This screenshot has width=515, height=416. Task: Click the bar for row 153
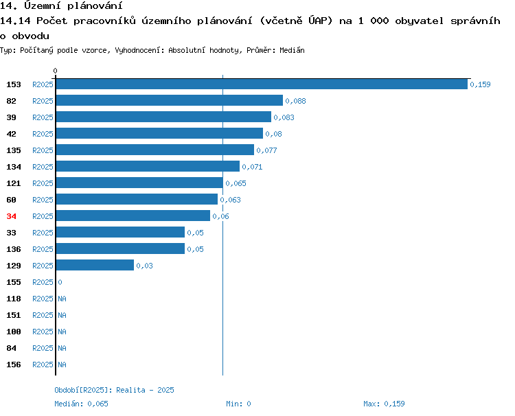(x=262, y=84)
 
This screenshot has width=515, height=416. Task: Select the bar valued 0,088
(x=170, y=100)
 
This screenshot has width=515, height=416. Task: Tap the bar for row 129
(x=95, y=265)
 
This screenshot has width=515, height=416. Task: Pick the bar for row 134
(x=148, y=166)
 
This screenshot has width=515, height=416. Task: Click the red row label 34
(x=11, y=216)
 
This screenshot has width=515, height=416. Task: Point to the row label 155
(x=14, y=282)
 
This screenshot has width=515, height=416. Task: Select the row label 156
(x=14, y=365)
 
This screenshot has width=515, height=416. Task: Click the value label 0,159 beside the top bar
(x=480, y=84)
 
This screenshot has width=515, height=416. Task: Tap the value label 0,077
(x=266, y=151)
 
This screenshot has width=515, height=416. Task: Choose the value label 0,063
(x=230, y=200)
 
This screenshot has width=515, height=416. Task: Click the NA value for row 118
(x=62, y=299)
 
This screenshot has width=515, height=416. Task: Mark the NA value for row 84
(x=62, y=348)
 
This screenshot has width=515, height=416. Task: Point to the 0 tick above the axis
(x=55, y=71)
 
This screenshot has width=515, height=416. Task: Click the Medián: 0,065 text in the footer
(x=82, y=404)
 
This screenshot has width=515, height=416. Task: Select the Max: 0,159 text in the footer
(x=385, y=404)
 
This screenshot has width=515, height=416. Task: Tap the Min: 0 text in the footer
(x=238, y=404)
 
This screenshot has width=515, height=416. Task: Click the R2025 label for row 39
(x=43, y=117)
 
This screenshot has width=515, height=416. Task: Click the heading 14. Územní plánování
(x=61, y=5)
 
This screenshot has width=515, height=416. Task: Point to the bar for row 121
(x=139, y=183)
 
